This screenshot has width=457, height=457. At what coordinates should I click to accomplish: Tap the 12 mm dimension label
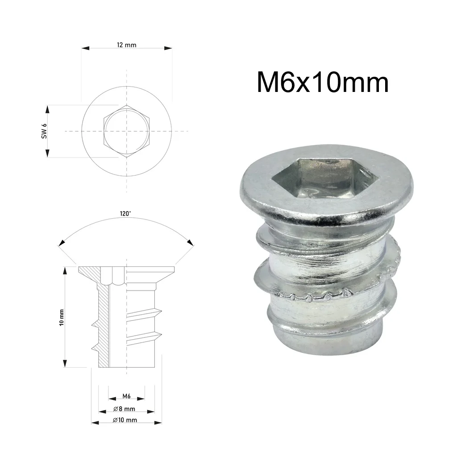[127, 45]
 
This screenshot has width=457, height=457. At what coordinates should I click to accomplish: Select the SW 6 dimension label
[45, 131]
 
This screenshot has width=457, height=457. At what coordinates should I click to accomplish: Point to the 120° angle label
[125, 214]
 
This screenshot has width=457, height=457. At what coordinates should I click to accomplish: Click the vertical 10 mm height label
[61, 317]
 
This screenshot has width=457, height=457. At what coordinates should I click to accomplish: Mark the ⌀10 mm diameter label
[125, 420]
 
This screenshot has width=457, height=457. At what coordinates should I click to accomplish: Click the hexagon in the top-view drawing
[127, 131]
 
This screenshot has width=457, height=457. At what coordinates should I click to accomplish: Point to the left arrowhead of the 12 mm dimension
[84, 48]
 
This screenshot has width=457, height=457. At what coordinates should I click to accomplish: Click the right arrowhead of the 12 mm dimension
[169, 48]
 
